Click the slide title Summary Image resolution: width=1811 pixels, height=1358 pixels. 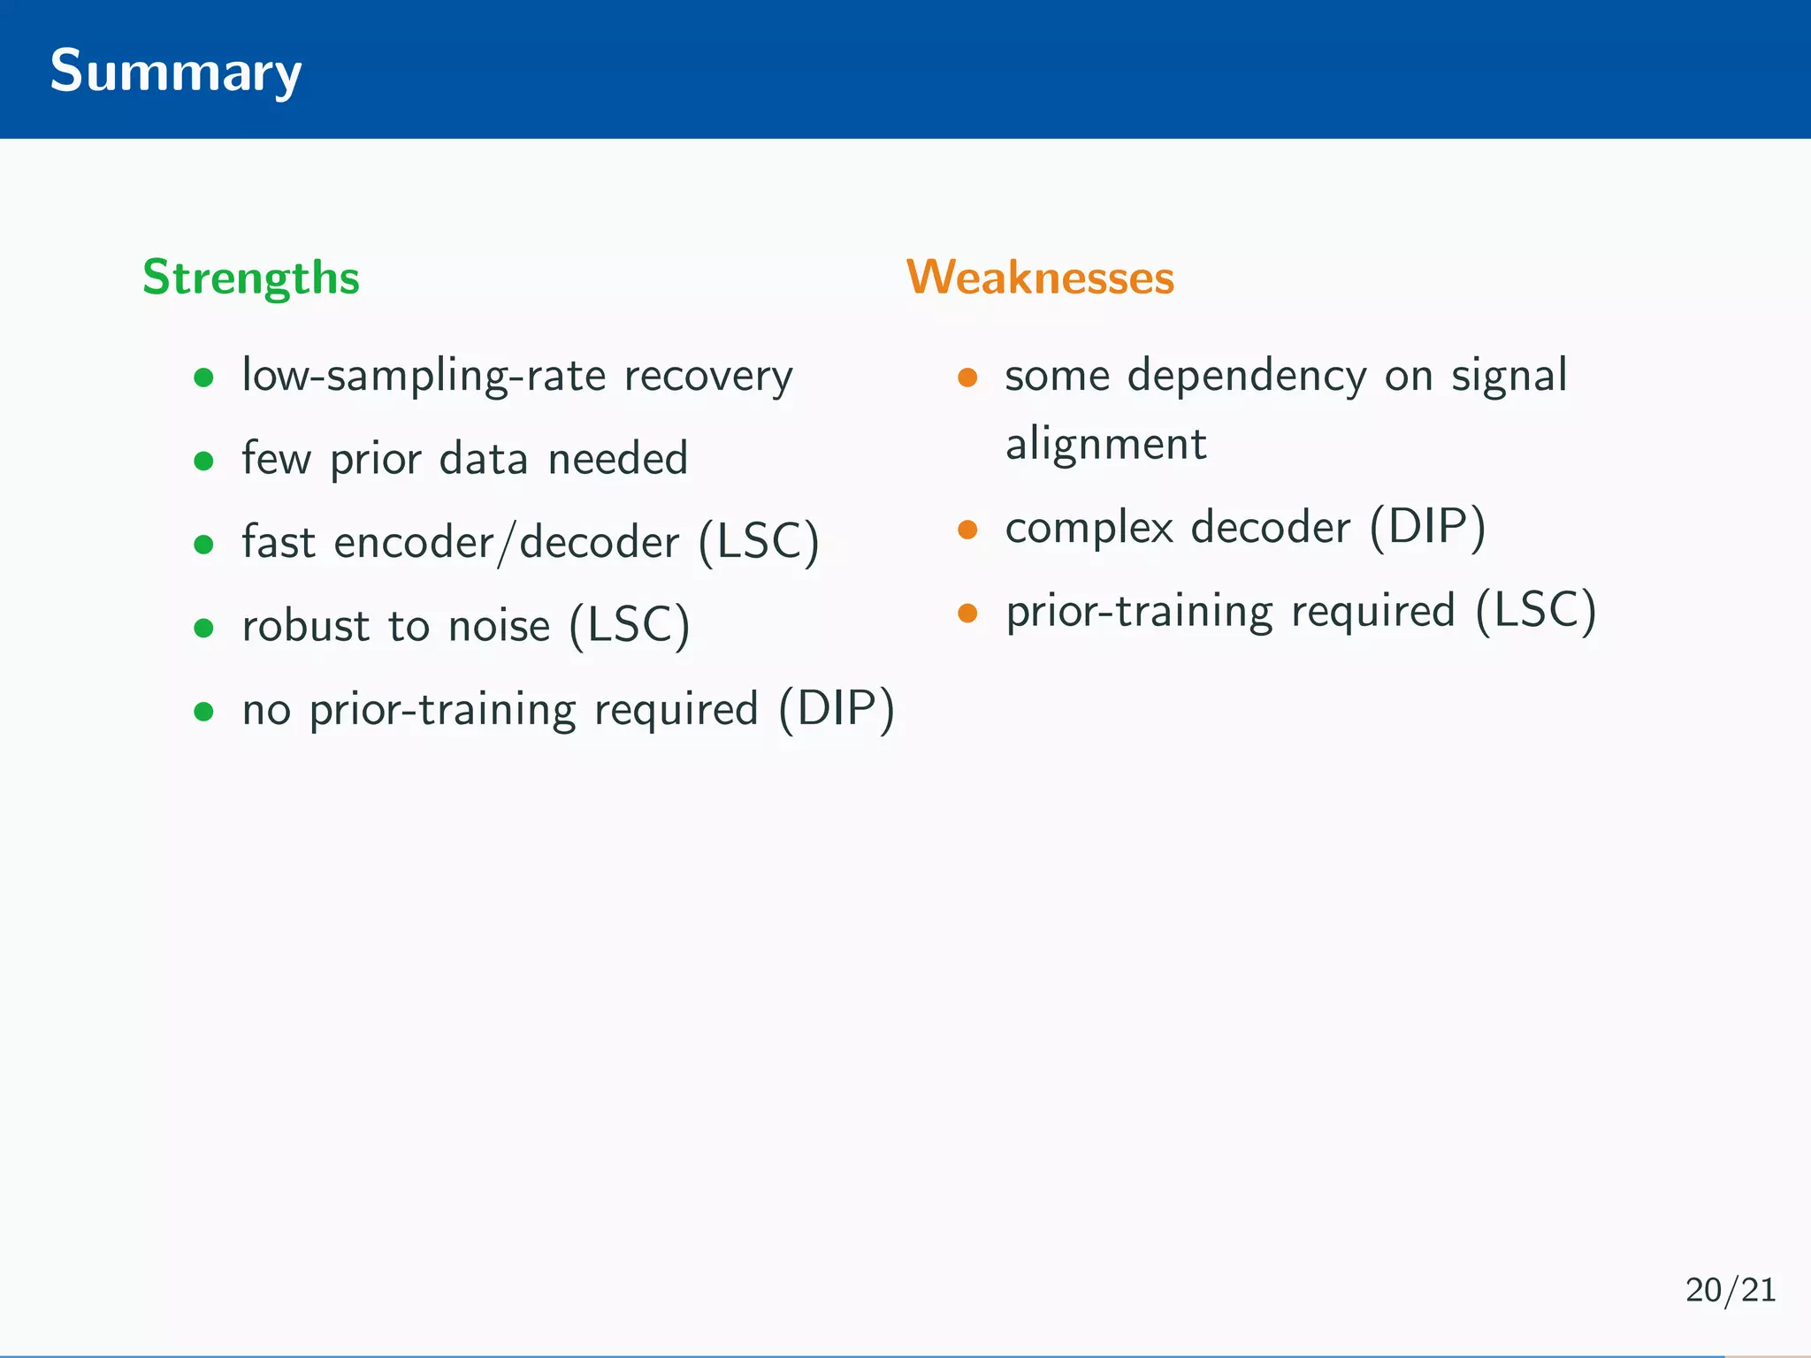tap(175, 71)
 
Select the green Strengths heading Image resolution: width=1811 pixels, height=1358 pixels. tap(251, 278)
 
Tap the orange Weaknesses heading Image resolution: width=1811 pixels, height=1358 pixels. tap(1040, 278)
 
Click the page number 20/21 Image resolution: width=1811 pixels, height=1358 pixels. tap(1730, 1290)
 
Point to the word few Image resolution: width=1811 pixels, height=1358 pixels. tap(276, 458)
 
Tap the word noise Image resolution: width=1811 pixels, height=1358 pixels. tap(499, 626)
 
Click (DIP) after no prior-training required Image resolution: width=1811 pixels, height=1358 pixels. tap(837, 709)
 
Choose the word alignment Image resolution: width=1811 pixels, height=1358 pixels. tap(1105, 444)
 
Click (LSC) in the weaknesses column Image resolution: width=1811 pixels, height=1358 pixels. tap(1536, 611)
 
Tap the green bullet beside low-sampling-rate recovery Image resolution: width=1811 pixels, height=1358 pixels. tap(204, 378)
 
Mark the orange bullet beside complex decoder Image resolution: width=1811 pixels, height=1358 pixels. tap(967, 530)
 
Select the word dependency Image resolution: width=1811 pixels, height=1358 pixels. tap(1247, 376)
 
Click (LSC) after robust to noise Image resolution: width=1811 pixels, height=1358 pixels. tap(629, 626)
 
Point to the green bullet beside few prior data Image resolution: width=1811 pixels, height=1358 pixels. tap(204, 461)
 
